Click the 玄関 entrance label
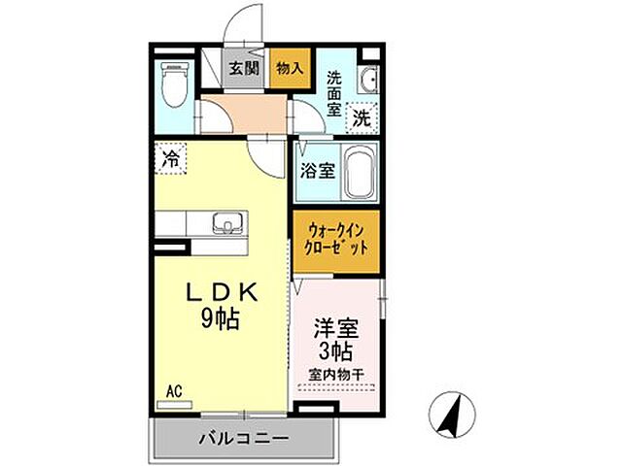pyautogui.click(x=244, y=68)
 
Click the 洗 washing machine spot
pyautogui.click(x=361, y=118)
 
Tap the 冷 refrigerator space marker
pyautogui.click(x=171, y=157)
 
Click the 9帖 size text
pyautogui.click(x=222, y=317)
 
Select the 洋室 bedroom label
pyautogui.click(x=334, y=328)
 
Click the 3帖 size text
pyautogui.click(x=334, y=350)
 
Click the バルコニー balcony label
pyautogui.click(x=243, y=438)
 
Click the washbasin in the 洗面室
pyautogui.click(x=369, y=80)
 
